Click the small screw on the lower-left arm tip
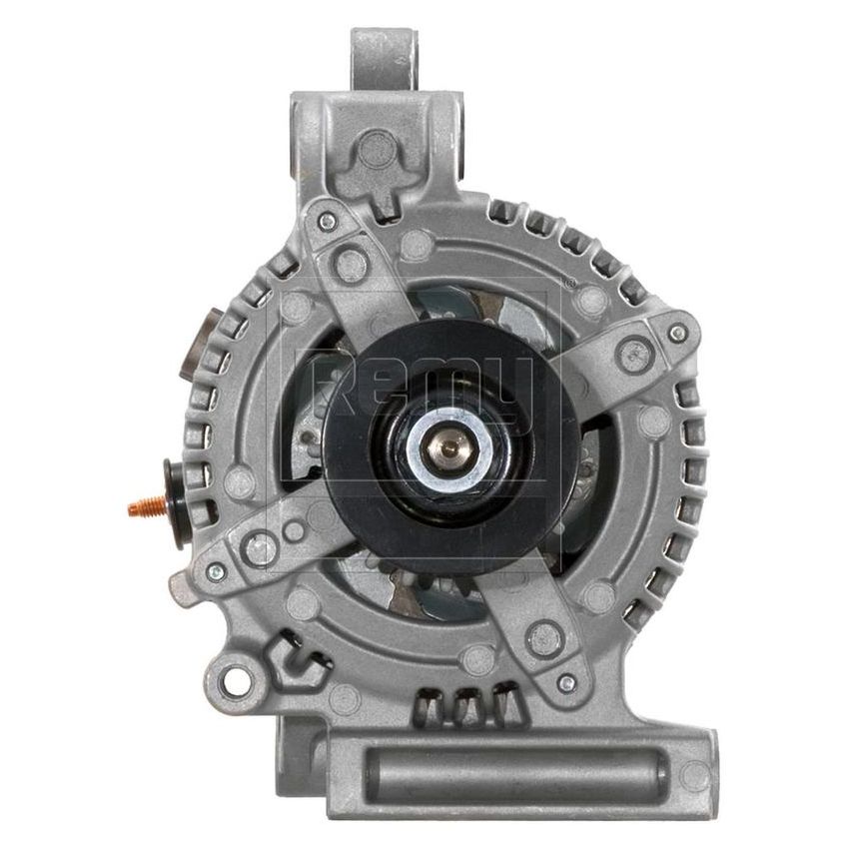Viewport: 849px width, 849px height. click(x=215, y=571)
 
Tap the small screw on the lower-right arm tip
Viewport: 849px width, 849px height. click(x=566, y=683)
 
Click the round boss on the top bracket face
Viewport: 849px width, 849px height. click(x=377, y=150)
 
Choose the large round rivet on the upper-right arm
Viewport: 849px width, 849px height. click(x=632, y=353)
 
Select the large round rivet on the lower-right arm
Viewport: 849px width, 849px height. click(x=544, y=634)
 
